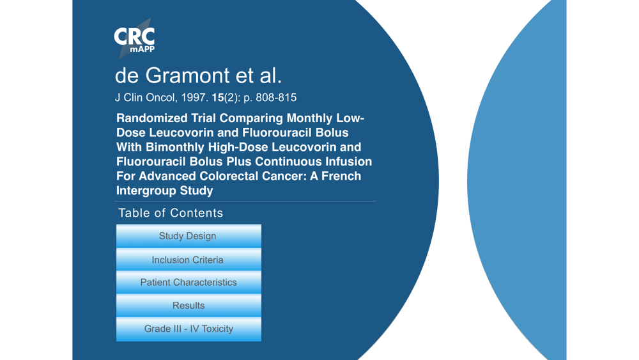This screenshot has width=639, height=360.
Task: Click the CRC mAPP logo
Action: [x=134, y=39]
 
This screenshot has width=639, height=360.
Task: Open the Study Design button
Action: [x=189, y=236]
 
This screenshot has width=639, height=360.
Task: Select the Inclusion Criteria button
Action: [x=189, y=260]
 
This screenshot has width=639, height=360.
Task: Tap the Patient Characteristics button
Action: [x=189, y=282]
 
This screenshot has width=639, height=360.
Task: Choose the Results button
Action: [x=189, y=306]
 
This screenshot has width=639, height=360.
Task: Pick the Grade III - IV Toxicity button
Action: [x=189, y=329]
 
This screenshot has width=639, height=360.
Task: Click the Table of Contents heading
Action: [x=171, y=213]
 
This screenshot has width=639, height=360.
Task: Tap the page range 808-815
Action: [x=276, y=97]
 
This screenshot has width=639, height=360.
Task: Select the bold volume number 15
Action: [x=218, y=97]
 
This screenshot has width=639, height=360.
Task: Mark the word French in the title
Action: [x=341, y=176]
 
